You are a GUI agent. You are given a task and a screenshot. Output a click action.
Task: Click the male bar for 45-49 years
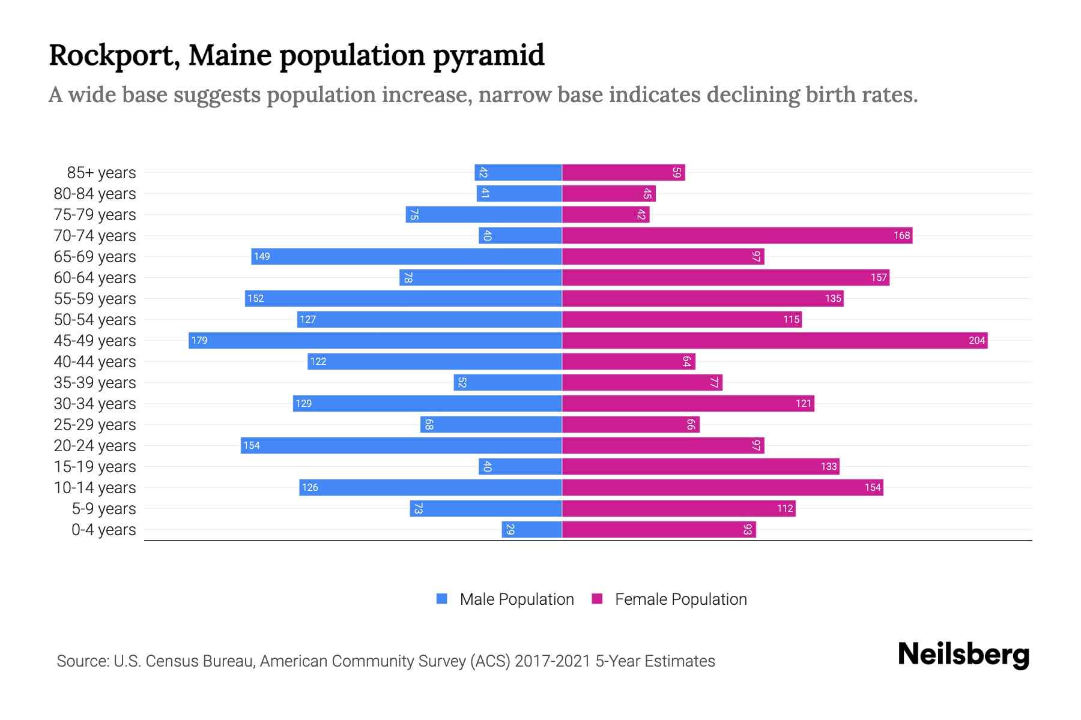(x=375, y=340)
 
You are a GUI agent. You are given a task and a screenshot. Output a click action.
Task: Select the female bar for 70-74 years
(x=737, y=235)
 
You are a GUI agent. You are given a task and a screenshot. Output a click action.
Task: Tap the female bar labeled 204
(x=775, y=340)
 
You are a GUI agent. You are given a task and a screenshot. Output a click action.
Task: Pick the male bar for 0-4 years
(x=531, y=529)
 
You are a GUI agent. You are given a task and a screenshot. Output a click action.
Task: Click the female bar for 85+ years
(x=623, y=172)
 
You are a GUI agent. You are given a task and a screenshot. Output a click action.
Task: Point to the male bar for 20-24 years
(x=401, y=445)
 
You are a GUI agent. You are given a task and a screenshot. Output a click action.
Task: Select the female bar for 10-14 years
(x=722, y=487)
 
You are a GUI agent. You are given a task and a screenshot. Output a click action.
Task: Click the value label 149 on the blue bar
(x=262, y=257)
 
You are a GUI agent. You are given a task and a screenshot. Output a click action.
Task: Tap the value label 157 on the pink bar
(x=879, y=278)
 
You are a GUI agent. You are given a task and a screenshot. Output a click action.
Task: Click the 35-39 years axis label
(x=95, y=383)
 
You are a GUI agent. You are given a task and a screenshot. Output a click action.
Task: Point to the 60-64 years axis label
(x=95, y=278)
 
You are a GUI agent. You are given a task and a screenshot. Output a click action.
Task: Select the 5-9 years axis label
(x=104, y=509)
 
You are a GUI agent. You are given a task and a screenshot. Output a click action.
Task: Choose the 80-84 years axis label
(x=95, y=194)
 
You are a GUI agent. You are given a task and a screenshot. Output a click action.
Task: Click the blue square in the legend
(x=442, y=599)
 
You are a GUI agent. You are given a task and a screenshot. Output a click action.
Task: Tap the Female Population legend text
(x=680, y=599)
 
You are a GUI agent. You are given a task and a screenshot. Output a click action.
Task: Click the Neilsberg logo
(x=963, y=655)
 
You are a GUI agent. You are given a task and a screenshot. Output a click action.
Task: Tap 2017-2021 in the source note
(x=553, y=661)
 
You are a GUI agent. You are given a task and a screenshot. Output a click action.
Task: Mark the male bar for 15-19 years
(x=520, y=466)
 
